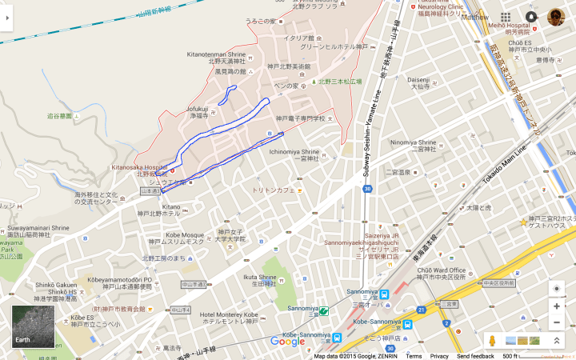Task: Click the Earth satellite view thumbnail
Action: [33, 326]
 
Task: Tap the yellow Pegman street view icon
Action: [492, 341]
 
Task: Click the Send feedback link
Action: [474, 356]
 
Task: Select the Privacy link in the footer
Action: [439, 356]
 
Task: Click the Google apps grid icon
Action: [506, 17]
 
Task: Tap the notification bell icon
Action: [531, 17]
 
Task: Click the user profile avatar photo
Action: [556, 17]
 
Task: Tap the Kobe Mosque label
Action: [183, 235]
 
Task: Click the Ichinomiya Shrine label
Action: [294, 151]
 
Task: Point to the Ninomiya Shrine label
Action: [414, 142]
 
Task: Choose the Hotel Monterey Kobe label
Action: [229, 314]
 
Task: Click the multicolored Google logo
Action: [287, 342]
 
